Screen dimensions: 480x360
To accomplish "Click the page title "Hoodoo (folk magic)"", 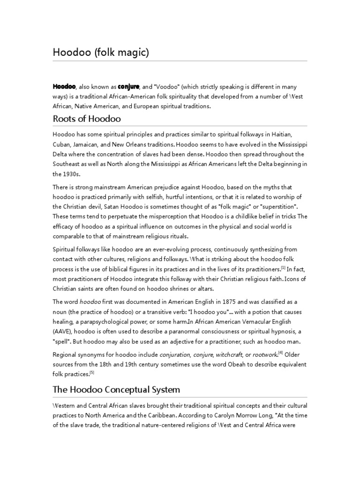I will (100, 52).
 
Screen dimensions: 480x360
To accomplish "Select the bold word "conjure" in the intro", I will (128, 87).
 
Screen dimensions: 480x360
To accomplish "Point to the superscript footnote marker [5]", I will (92, 372).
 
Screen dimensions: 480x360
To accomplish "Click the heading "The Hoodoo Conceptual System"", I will (116, 390).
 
